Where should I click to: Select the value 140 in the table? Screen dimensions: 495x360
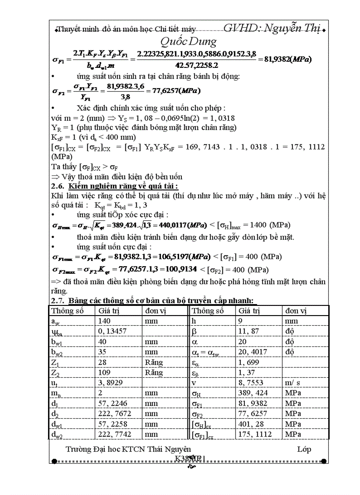click(105, 321)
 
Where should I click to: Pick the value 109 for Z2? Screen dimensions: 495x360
click(105, 372)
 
